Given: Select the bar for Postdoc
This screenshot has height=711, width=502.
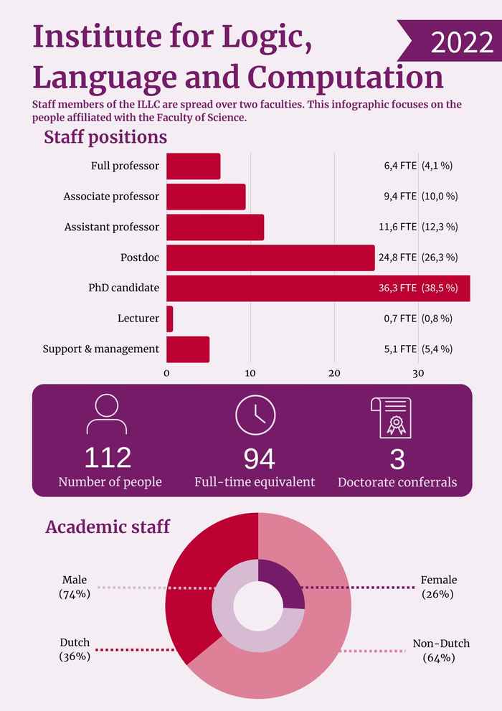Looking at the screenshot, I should point(270,258).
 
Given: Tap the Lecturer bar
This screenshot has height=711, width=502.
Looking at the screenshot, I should point(170,319).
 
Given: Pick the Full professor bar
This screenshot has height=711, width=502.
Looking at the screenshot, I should point(193,166).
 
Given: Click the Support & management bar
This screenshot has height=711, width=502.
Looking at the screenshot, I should point(188,349).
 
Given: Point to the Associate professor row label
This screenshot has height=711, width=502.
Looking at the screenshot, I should point(111,197).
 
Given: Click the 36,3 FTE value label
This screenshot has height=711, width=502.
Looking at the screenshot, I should point(397,288).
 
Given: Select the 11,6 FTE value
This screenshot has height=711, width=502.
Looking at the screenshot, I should point(397,227).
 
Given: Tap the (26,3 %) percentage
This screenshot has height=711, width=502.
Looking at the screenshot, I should point(440,258).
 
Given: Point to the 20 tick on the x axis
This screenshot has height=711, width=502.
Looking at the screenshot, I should point(334,373).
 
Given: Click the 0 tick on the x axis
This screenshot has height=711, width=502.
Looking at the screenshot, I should point(166,373).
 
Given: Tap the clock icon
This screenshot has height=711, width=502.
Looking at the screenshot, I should point(255,415).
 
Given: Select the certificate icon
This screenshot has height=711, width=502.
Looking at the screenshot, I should point(392,417).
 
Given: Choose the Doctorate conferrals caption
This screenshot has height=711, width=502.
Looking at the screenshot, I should point(397,482).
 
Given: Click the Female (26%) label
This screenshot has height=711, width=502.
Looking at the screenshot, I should point(438,587).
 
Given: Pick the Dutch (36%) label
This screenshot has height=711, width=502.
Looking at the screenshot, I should point(75,650).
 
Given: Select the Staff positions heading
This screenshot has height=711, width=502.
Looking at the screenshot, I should point(105,137).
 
